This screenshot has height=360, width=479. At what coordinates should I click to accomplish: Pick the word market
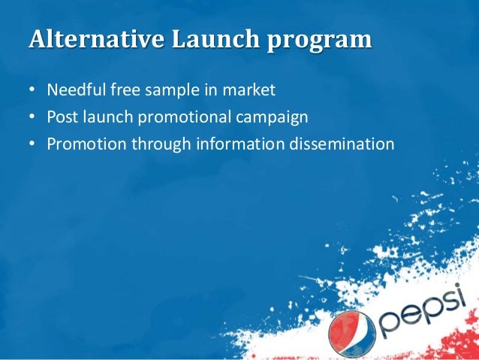tap(250, 91)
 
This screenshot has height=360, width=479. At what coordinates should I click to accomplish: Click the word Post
tap(62, 116)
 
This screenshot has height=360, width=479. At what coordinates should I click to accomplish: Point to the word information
tap(235, 142)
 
